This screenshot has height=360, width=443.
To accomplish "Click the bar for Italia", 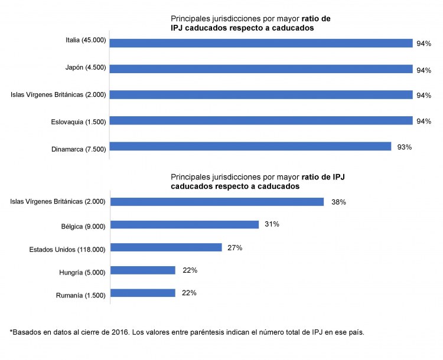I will pyautogui.click(x=260, y=43).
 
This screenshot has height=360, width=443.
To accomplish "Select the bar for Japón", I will pyautogui.click(x=260, y=69).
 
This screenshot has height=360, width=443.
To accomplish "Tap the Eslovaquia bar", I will pyautogui.click(x=260, y=121).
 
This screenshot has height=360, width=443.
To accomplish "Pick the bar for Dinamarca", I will pyautogui.click(x=250, y=146).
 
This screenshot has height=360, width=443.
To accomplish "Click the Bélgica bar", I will pyautogui.click(x=185, y=224).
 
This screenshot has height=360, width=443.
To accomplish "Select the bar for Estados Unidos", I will pyautogui.click(x=166, y=247).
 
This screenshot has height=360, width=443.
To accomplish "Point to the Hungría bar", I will pyautogui.click(x=143, y=270).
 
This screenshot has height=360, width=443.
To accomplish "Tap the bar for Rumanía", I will pyautogui.click(x=143, y=293).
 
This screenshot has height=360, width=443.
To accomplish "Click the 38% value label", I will pyautogui.click(x=338, y=202).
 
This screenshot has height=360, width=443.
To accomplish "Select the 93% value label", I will pyautogui.click(x=405, y=146).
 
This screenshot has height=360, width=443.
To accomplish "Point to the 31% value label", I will pyautogui.click(x=272, y=224).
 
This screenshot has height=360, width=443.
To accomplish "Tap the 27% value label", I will pyautogui.click(x=234, y=247).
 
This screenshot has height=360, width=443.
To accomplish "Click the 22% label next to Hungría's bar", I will pyautogui.click(x=190, y=270).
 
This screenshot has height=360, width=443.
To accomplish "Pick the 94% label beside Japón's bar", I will pyautogui.click(x=424, y=70).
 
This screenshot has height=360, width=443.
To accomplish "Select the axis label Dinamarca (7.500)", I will pyautogui.click(x=79, y=149).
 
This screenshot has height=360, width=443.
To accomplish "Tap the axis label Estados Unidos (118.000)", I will pyautogui.click(x=67, y=249).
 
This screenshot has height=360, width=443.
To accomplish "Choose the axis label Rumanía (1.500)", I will pyautogui.click(x=81, y=294).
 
